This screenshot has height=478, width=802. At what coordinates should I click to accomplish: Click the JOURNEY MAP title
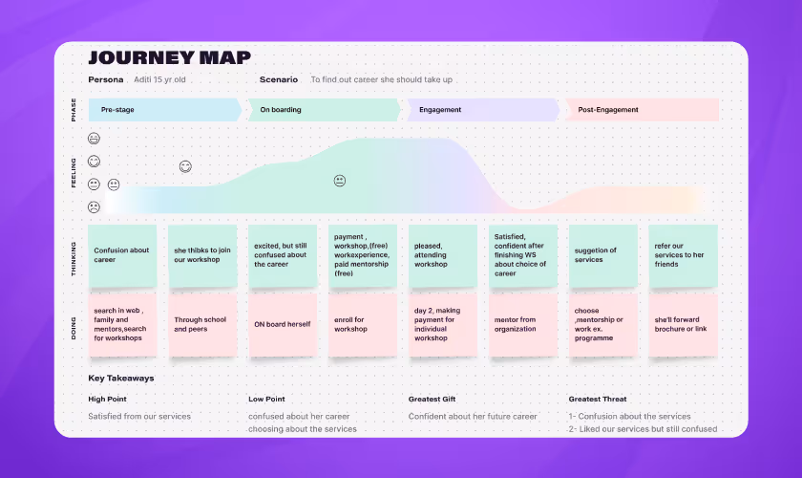170,57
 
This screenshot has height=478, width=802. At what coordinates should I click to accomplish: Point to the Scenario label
279,79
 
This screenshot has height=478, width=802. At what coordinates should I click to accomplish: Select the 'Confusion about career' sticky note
122,256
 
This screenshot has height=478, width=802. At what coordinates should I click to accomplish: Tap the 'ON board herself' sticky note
283,325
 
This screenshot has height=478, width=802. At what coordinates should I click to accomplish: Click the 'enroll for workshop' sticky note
363,325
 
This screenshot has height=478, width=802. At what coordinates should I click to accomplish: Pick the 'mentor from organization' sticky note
522,325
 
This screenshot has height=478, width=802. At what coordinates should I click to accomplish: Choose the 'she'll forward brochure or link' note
683,325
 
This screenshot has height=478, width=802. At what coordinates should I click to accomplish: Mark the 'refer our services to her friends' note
683,256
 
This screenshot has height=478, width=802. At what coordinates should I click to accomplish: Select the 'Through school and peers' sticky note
202,325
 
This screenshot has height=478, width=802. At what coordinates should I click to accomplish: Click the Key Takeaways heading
121,379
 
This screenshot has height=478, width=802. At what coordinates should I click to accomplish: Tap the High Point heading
108,399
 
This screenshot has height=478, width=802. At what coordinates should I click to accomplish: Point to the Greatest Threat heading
601,399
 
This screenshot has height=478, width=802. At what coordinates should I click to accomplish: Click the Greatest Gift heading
436,399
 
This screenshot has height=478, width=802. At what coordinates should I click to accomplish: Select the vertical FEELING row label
74,172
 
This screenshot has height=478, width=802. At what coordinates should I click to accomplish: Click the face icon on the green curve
339,181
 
